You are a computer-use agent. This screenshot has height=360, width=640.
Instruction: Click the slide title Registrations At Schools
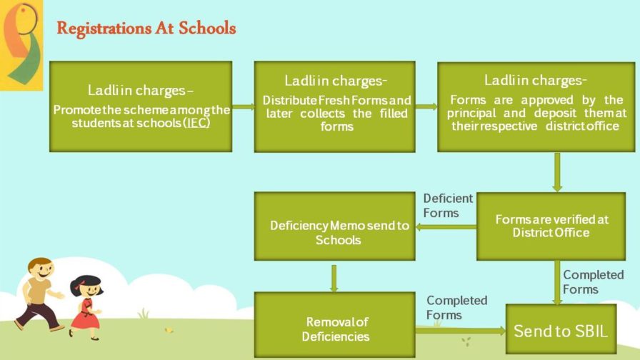click(x=146, y=29)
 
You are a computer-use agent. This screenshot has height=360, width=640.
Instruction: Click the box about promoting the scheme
click(x=141, y=106)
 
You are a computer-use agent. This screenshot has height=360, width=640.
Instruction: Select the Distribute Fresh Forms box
click(x=334, y=106)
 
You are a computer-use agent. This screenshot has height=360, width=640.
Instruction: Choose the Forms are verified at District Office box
click(x=551, y=226)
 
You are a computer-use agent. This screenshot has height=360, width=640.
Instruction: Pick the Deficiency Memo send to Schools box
click(x=334, y=226)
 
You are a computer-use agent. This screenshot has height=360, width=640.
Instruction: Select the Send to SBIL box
click(x=561, y=330)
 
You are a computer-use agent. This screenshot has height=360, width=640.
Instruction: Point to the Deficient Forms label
click(x=448, y=205)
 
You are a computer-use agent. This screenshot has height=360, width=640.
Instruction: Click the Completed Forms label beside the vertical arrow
click(x=592, y=281)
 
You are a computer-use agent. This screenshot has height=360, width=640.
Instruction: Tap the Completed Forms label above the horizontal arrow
click(x=456, y=307)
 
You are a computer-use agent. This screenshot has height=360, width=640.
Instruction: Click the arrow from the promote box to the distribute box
click(x=244, y=107)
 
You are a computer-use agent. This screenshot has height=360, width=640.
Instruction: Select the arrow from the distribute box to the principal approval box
click(x=426, y=107)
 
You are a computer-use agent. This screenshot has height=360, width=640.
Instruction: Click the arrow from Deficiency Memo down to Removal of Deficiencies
click(x=334, y=277)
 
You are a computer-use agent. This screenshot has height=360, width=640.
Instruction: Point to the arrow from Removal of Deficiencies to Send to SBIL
click(x=460, y=330)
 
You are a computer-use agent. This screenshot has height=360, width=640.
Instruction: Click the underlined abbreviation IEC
click(x=199, y=122)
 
